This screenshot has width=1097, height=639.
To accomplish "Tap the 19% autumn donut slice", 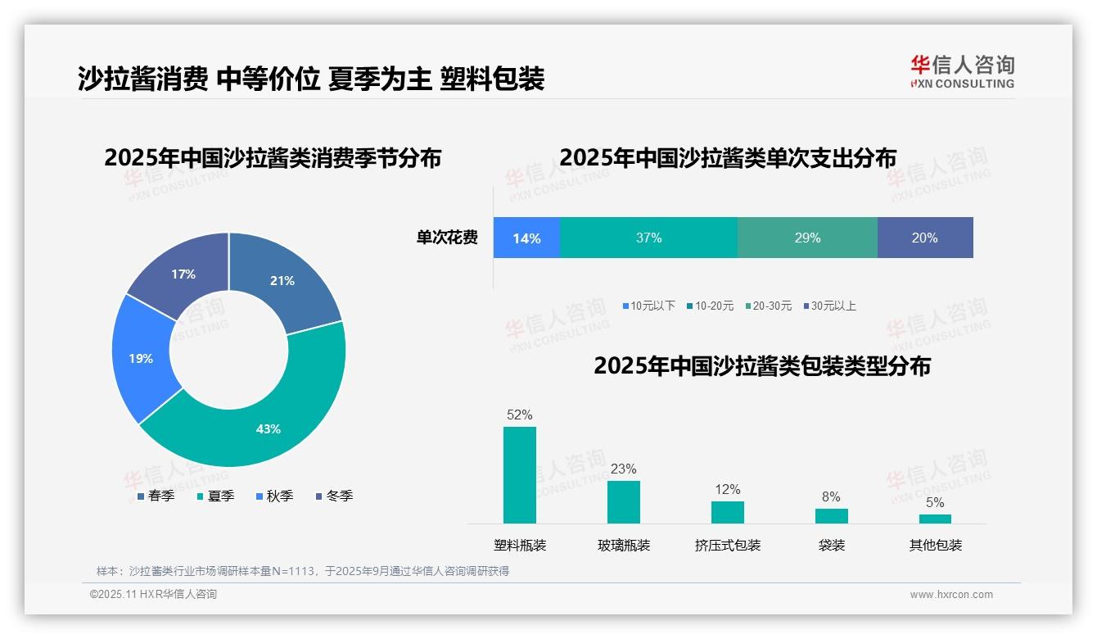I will click(141, 359).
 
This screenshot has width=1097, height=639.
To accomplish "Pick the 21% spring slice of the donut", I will click(282, 280).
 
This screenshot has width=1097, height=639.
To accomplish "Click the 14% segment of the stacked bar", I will click(526, 238).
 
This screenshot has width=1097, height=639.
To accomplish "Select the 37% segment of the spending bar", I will click(648, 238).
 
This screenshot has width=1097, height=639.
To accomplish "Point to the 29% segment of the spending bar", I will click(807, 238).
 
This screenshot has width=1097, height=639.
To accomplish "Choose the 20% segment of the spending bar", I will click(925, 238).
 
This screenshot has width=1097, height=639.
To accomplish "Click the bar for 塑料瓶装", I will click(520, 475).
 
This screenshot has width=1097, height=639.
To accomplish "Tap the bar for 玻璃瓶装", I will click(624, 501).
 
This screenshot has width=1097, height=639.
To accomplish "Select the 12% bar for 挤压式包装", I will click(728, 512).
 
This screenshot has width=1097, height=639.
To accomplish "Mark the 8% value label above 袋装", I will click(831, 496).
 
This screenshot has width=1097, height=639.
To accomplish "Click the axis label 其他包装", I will click(936, 545).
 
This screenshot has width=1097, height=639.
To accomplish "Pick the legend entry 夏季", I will click(216, 496).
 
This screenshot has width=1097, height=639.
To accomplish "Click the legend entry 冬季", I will click(335, 496).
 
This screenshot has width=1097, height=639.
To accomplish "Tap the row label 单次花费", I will click(447, 238).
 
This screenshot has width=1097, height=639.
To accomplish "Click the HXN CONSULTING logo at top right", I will click(962, 72).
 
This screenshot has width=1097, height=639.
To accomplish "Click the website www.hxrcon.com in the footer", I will click(951, 594).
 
